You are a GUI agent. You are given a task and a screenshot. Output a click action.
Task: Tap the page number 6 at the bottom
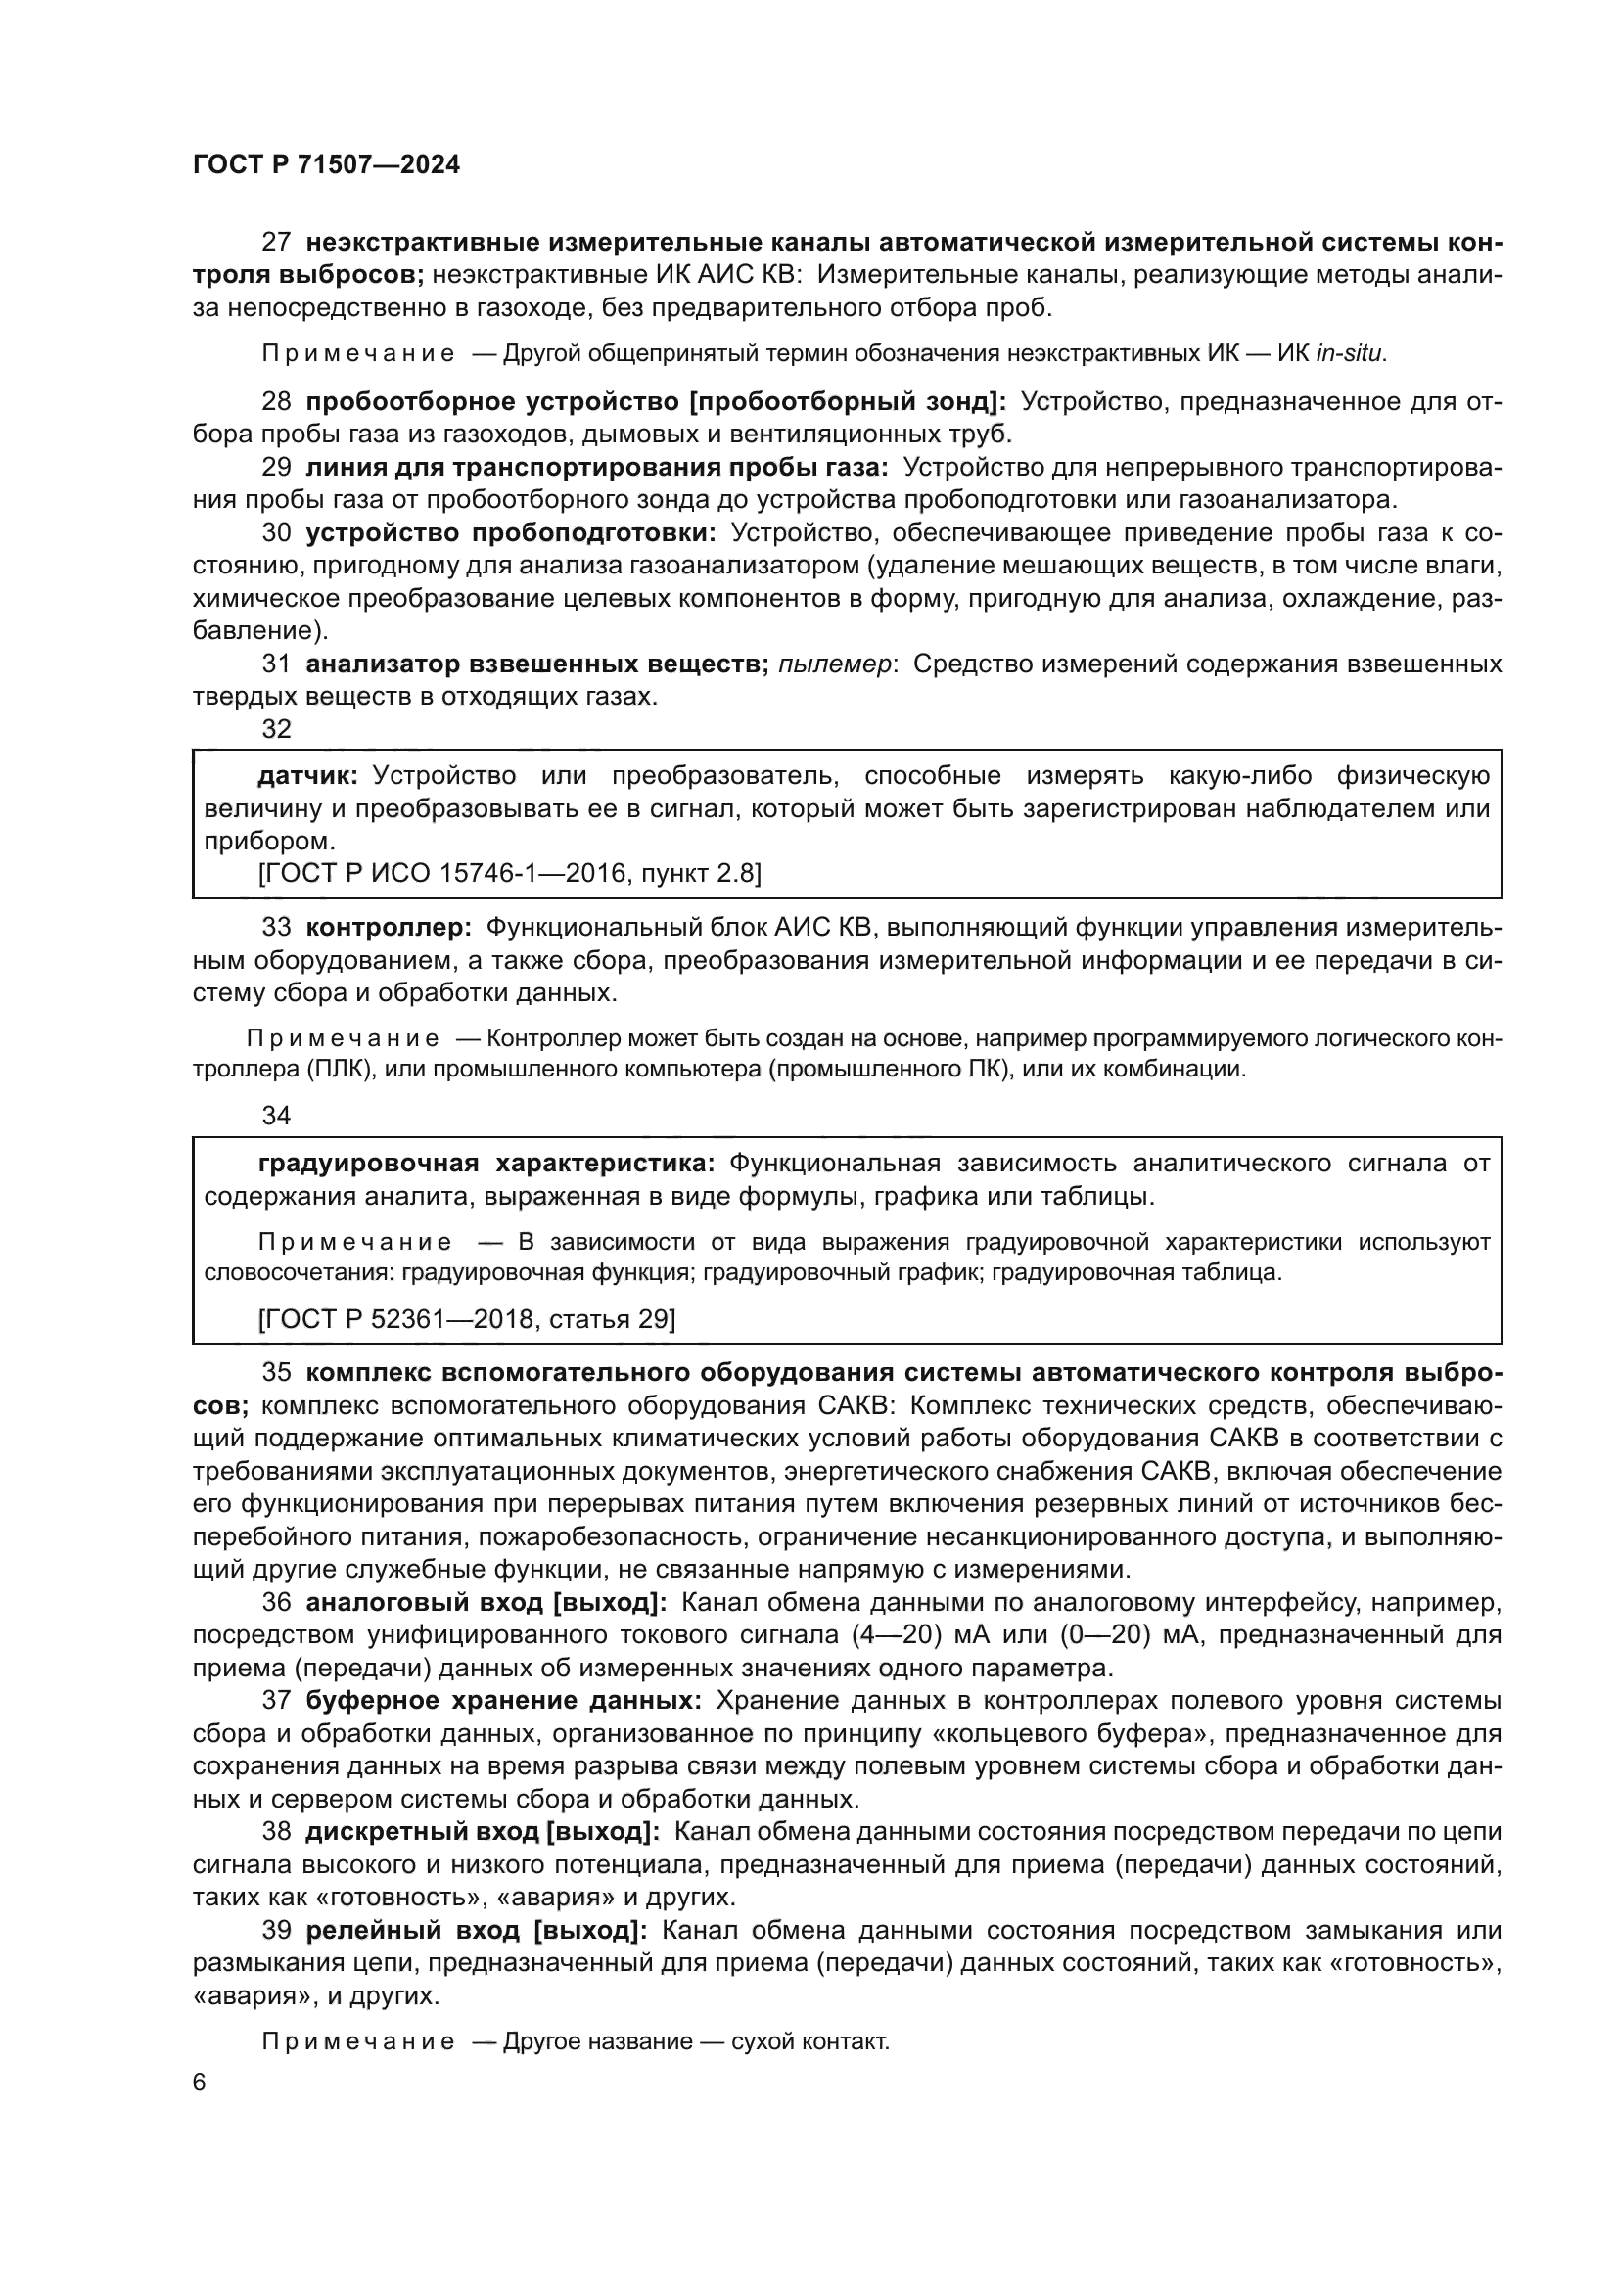[200, 2083]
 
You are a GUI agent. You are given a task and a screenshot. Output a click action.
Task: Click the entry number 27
[276, 243]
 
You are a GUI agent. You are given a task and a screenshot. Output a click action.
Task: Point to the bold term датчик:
[307, 776]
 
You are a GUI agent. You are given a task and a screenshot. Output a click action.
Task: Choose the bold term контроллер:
[389, 927]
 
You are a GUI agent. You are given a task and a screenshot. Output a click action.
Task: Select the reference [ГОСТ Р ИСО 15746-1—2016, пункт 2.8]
[509, 873]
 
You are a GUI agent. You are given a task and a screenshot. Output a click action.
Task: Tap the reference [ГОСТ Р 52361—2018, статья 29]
[467, 1319]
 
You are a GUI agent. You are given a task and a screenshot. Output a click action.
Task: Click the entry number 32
[276, 729]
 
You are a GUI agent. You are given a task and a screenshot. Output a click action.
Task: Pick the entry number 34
[276, 1116]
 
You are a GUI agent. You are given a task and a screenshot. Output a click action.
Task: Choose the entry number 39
[276, 1930]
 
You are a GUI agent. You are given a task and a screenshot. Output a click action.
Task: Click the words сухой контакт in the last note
[809, 2040]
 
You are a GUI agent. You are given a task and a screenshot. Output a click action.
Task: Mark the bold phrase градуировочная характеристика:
[486, 1163]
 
